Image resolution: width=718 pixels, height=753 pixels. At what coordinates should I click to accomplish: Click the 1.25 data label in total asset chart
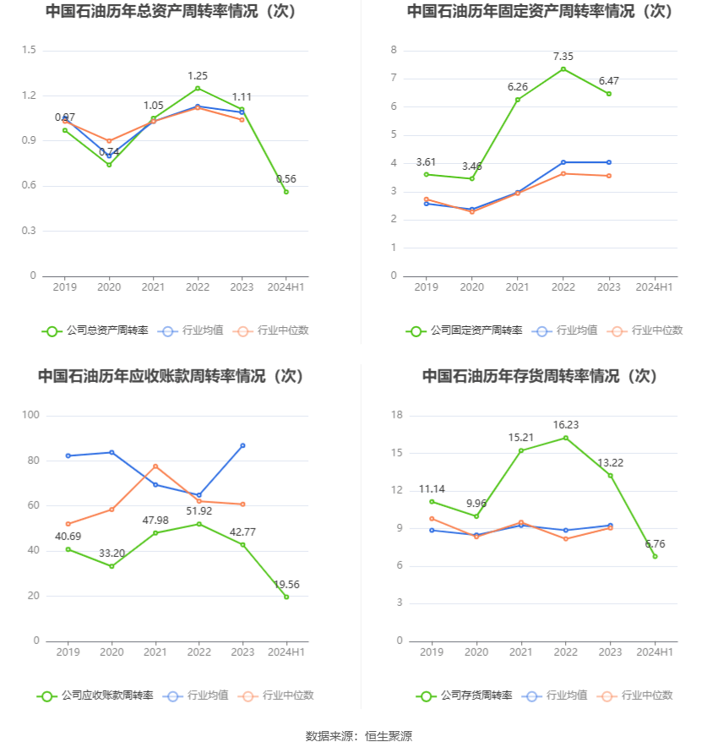point(198,75)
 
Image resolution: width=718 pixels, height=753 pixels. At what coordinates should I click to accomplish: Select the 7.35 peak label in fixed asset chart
point(563,57)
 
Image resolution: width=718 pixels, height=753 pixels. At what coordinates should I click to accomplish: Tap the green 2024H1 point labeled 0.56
point(286,192)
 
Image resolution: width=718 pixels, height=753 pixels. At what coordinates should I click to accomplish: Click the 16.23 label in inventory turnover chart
point(566,425)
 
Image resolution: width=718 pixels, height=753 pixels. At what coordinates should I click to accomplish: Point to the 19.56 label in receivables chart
point(286,584)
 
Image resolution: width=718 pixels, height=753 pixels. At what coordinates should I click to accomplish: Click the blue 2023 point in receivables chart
point(242,445)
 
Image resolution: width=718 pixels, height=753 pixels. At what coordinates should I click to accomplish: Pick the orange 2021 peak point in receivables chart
point(155,467)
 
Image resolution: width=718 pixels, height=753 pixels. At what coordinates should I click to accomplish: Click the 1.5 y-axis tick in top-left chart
point(29,50)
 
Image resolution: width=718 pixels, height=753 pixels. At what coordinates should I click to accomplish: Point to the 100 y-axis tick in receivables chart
point(31,415)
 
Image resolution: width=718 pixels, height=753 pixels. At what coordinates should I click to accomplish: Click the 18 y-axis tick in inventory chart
point(397,415)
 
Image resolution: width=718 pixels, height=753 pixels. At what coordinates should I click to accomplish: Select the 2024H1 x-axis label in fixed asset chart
point(655,287)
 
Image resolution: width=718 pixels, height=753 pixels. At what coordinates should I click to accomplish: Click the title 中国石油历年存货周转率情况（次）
point(540,375)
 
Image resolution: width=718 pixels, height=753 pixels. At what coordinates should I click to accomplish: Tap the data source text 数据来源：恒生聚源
point(359,736)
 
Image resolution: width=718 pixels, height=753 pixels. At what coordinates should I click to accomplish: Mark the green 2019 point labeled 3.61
point(427,174)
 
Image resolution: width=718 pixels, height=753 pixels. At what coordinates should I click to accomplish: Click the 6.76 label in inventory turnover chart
point(655,543)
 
